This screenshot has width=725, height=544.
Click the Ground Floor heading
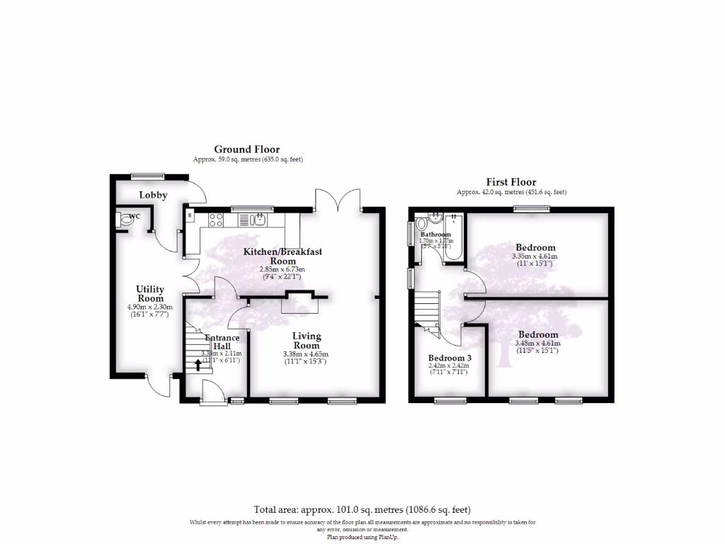[247, 149]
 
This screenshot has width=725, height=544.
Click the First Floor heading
[510, 182]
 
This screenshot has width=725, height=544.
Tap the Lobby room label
[153, 195]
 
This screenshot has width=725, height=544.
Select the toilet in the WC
[126, 220]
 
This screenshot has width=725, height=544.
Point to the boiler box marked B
[189, 213]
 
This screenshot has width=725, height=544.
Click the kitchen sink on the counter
[259, 219]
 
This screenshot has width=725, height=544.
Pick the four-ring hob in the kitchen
[217, 219]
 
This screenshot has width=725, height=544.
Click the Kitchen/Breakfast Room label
[282, 256]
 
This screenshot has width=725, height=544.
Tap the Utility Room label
[150, 294]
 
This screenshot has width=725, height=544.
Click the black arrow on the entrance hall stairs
[198, 365]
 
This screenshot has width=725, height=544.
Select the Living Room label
[307, 341]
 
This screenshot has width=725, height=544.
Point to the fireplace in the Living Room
[299, 302]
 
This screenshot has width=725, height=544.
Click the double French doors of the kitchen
[338, 200]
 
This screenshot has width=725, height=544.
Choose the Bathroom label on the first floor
[435, 234]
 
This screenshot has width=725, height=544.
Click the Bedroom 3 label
[450, 358]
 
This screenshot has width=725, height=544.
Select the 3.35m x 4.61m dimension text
[535, 256]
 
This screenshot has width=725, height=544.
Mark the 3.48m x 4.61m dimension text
[537, 344]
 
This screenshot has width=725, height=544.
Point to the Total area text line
[362, 509]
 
